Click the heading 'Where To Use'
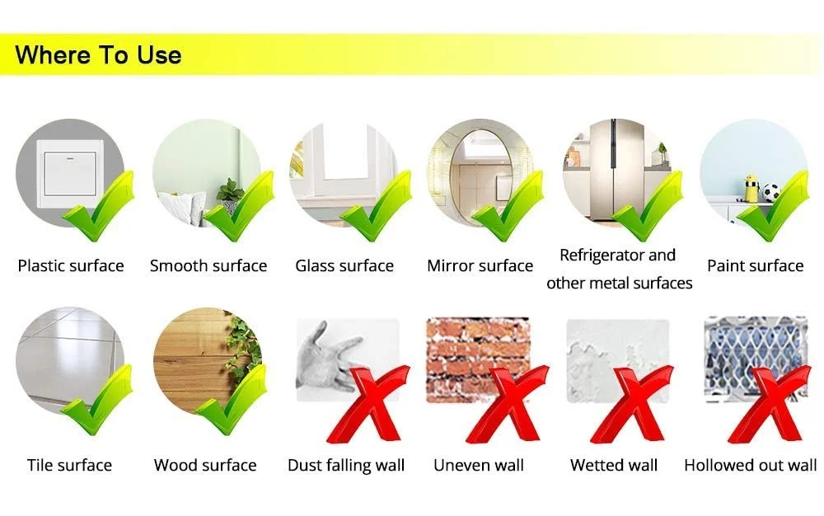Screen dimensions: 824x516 pyautogui.click(x=98, y=55)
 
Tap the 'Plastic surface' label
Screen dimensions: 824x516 pyautogui.click(x=71, y=266)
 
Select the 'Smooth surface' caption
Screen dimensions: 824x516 pyautogui.click(x=208, y=266)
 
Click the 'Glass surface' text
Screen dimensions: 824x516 pyautogui.click(x=344, y=266)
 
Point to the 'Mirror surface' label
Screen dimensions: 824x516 pyautogui.click(x=480, y=266)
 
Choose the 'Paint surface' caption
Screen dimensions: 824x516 pyautogui.click(x=755, y=266)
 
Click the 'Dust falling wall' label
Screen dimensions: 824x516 pyautogui.click(x=346, y=466)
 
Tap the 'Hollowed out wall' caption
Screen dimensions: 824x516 pyautogui.click(x=751, y=466)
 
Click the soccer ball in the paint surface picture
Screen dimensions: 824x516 pyautogui.click(x=771, y=193)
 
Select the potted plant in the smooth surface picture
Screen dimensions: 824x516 pyautogui.click(x=230, y=193)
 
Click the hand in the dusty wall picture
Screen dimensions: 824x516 pyautogui.click(x=325, y=357)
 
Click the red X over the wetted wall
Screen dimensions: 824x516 pyautogui.click(x=630, y=405)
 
